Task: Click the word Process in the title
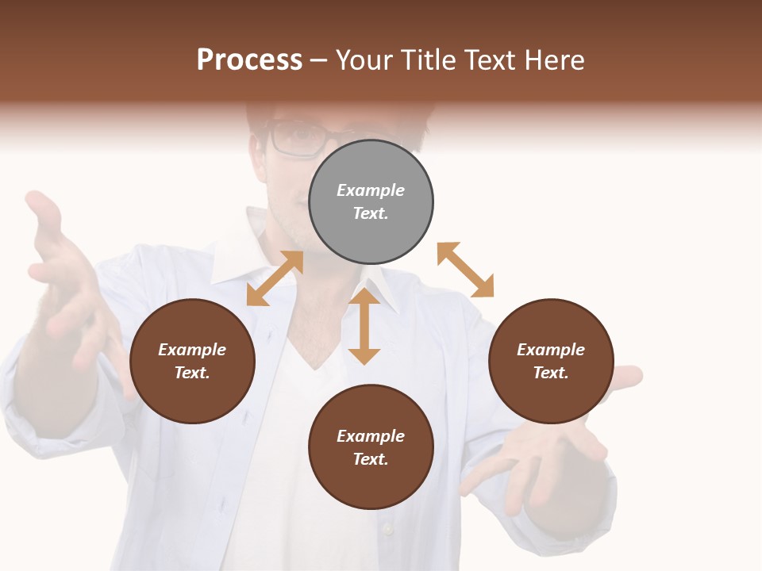(x=249, y=60)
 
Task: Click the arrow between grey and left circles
(x=275, y=278)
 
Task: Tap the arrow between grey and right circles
(x=466, y=270)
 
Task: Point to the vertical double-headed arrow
(x=364, y=326)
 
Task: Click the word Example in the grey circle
(x=371, y=190)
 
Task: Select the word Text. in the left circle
(x=192, y=373)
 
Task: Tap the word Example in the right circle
(x=551, y=350)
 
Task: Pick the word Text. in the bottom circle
(x=371, y=459)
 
